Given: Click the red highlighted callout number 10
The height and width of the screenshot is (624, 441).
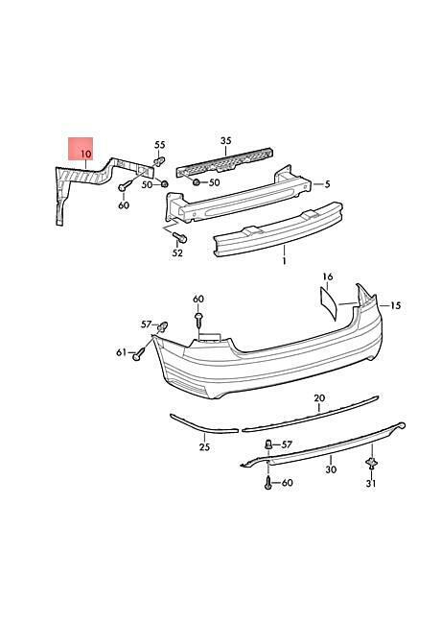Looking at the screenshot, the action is [x=86, y=154].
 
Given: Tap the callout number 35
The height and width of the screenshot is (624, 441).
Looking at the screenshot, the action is [x=225, y=140].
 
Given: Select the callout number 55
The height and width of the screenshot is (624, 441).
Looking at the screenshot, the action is [x=160, y=144].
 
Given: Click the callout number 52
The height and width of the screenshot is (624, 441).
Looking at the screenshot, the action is [x=177, y=252].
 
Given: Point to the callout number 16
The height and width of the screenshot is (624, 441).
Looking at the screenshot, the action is [x=328, y=276].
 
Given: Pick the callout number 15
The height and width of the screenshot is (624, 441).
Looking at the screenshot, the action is [x=396, y=305].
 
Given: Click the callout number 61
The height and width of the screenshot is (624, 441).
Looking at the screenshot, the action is [x=121, y=352].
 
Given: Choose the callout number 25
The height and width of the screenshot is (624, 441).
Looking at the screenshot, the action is [x=204, y=447].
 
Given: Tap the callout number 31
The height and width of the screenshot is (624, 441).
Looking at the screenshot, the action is [x=371, y=484].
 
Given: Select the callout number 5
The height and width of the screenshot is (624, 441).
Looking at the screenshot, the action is [x=327, y=184].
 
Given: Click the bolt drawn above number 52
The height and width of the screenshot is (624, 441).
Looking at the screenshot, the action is [x=180, y=237].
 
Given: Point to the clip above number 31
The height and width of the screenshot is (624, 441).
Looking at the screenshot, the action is [x=372, y=464].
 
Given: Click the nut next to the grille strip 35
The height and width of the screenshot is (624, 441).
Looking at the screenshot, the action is [x=197, y=182].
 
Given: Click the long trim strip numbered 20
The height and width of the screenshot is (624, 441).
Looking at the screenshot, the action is [x=311, y=414].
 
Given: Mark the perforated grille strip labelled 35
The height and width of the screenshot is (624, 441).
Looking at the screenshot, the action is [x=225, y=162].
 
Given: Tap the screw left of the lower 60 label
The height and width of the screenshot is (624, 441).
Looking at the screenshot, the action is [x=267, y=482].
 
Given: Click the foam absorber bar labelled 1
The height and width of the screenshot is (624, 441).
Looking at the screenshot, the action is [x=278, y=228].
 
